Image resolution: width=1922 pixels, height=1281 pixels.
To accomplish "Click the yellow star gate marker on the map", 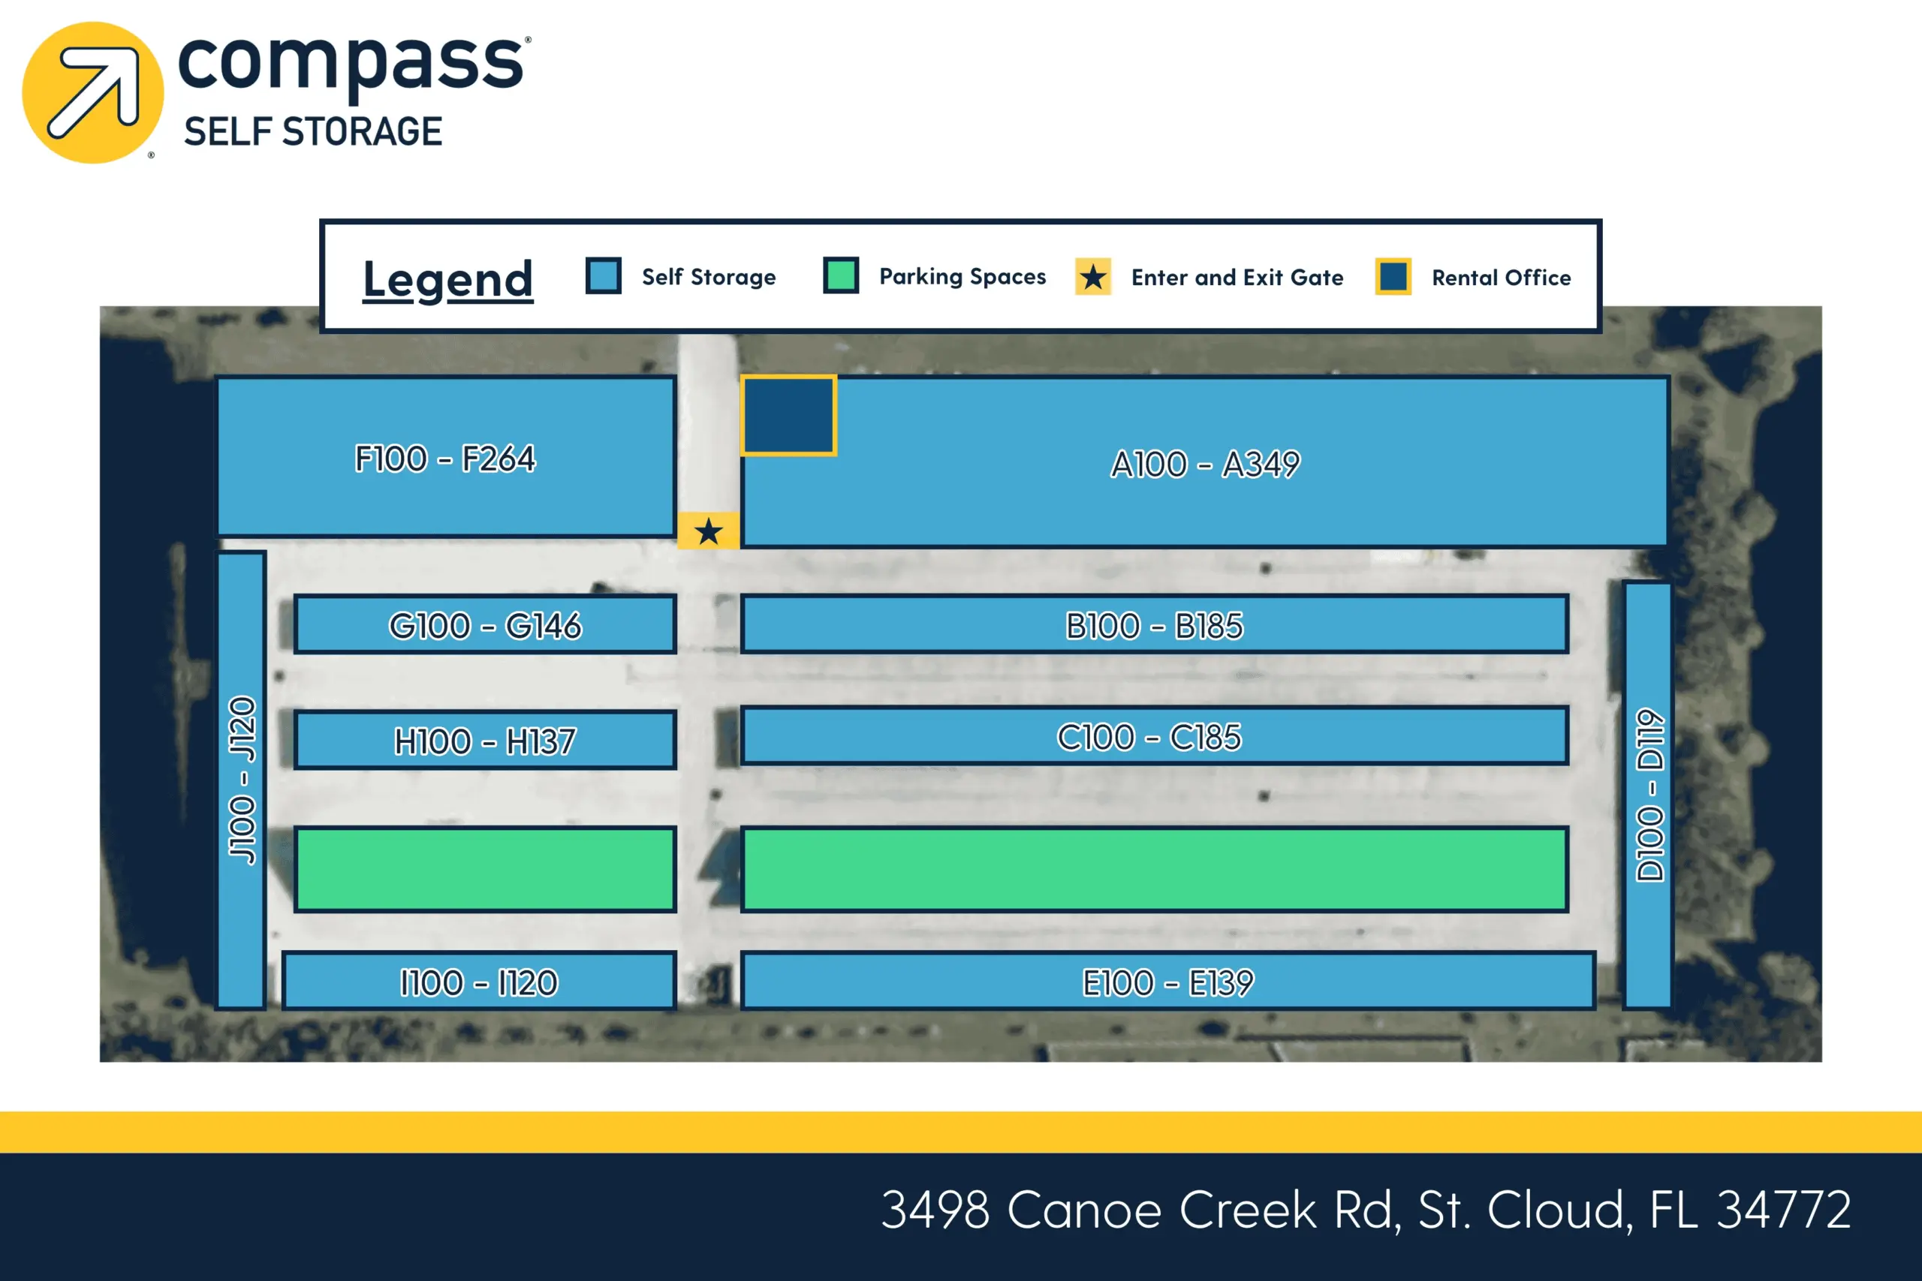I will coord(709,532).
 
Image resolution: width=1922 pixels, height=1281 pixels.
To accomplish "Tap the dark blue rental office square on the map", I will coord(788,415).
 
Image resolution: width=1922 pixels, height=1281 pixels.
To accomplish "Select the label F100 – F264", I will coord(445,459).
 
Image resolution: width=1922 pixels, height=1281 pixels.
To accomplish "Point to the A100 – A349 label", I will coord(1205,464).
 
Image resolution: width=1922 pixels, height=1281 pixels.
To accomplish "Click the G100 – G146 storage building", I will coord(486,625).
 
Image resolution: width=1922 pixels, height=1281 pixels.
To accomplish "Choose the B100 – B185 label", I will coord(1154,626).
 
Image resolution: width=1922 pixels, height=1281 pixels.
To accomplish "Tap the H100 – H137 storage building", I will coord(486,741).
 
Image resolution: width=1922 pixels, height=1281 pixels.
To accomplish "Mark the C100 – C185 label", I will coord(1149,737).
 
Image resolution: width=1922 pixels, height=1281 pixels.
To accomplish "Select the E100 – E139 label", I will coord(1167,982).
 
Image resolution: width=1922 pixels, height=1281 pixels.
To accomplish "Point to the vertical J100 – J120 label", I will coord(243,780).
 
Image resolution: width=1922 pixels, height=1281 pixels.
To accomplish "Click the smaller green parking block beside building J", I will coord(486,869).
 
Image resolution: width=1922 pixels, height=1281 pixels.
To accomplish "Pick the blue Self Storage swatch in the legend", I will coord(603,275).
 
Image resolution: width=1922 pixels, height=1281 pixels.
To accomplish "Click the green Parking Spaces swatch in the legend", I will coord(841,275).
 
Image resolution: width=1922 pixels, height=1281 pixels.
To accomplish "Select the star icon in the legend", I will coord(1092,277).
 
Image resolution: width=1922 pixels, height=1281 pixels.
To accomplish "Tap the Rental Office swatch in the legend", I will coord(1393,277).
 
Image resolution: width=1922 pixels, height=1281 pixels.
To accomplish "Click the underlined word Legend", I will coord(447,279).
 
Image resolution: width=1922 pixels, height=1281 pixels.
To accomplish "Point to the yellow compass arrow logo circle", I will coord(93,92).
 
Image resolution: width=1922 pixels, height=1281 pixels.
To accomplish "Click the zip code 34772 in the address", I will coord(1783,1210).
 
